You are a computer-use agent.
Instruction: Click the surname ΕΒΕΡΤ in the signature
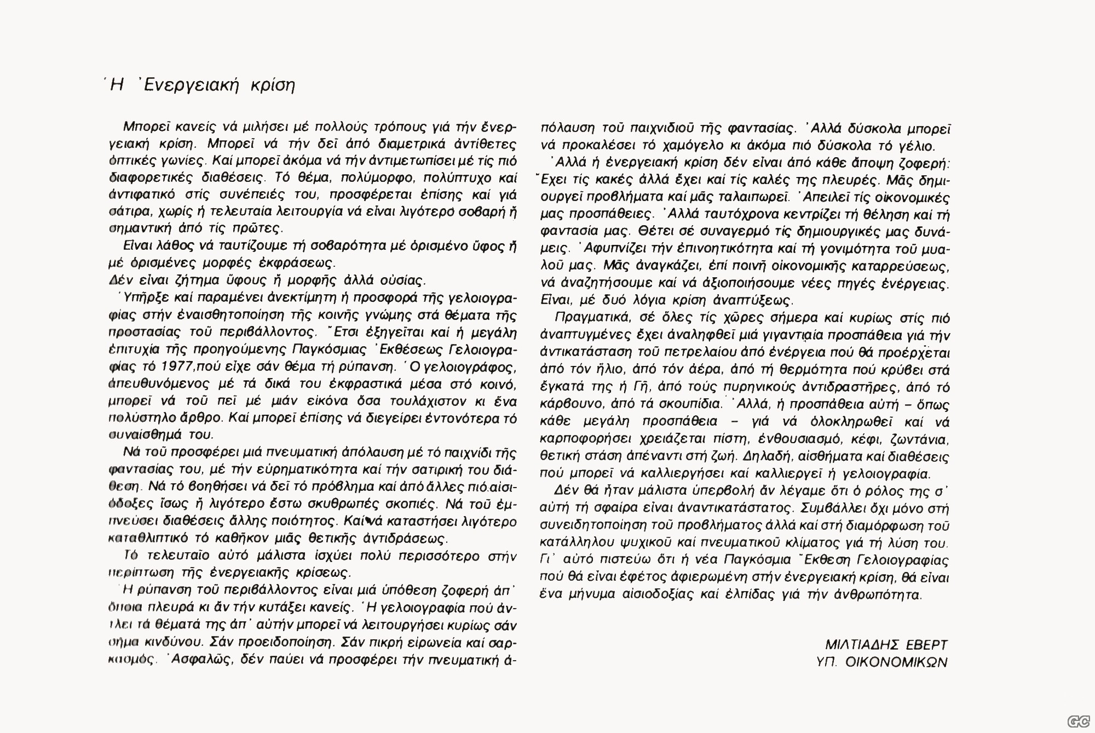coord(925,645)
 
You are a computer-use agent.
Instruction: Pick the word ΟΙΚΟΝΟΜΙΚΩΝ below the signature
coord(896,662)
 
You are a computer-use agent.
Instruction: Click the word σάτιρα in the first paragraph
coord(125,212)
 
